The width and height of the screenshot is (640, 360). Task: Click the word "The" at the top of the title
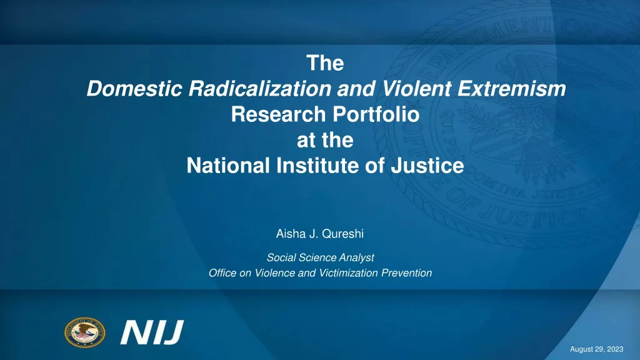pyautogui.click(x=325, y=63)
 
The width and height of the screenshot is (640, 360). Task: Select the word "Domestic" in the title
pyautogui.click(x=134, y=89)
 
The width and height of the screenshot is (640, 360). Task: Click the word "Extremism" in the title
pyautogui.click(x=512, y=89)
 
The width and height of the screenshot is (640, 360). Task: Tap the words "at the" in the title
pyautogui.click(x=325, y=140)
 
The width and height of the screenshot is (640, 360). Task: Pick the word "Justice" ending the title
pyautogui.click(x=427, y=166)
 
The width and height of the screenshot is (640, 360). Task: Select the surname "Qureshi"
pyautogui.click(x=343, y=234)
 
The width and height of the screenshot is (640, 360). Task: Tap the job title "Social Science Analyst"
pyautogui.click(x=321, y=257)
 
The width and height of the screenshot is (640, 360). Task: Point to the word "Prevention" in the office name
pyautogui.click(x=406, y=272)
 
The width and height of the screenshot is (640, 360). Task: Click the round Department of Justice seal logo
pyautogui.click(x=84, y=332)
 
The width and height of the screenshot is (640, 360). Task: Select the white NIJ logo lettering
pyautogui.click(x=152, y=332)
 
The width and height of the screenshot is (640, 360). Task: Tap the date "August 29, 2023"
pyautogui.click(x=597, y=349)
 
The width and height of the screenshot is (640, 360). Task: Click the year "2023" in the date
pyautogui.click(x=615, y=349)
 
